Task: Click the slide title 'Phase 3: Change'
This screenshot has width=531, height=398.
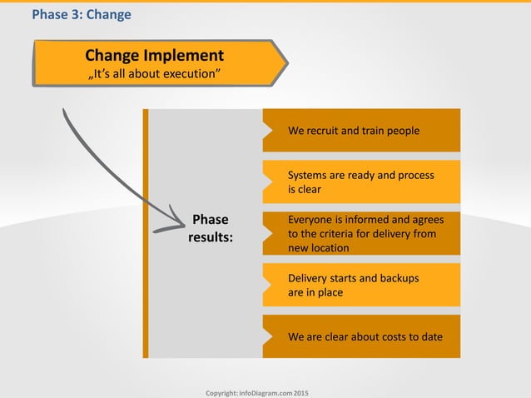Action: click(81, 14)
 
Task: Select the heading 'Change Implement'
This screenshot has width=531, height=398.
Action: click(154, 56)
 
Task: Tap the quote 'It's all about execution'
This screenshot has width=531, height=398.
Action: click(154, 76)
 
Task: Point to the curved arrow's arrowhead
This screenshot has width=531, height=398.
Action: click(177, 220)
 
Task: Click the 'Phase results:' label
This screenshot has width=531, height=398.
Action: click(210, 228)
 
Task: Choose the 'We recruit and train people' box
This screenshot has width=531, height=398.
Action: click(361, 131)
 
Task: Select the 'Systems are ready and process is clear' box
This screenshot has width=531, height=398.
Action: click(361, 182)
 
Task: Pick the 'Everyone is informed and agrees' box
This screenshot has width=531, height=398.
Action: click(361, 234)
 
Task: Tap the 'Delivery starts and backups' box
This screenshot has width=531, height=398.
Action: click(361, 286)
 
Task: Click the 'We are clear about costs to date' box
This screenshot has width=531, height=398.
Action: click(361, 337)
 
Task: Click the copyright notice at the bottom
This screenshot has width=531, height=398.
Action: click(256, 391)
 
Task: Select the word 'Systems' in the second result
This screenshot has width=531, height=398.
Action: click(307, 176)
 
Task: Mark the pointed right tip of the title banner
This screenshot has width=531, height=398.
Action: click(287, 63)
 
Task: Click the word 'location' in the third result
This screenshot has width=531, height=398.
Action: click(330, 248)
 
